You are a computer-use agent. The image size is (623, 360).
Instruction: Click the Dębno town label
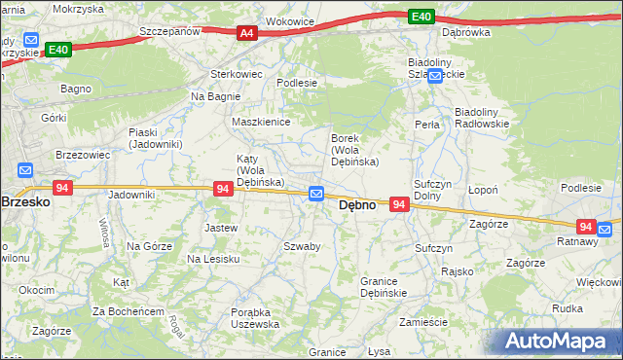tap(357, 206)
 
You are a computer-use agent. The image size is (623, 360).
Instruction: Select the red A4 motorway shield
tap(247, 33)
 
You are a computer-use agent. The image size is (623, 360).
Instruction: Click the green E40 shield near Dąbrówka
tap(421, 17)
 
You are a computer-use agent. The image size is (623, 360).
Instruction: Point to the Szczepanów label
tap(169, 31)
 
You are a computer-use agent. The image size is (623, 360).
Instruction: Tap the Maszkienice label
tap(256, 122)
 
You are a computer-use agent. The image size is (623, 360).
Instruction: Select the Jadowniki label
tap(131, 195)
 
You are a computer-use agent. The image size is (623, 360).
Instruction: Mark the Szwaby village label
tap(302, 246)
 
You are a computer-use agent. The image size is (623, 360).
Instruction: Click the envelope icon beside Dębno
tap(316, 195)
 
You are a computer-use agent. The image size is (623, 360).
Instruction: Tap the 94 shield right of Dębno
tap(399, 204)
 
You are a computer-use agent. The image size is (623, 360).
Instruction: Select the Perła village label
tap(426, 125)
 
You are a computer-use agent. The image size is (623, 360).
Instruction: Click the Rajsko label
tap(457, 271)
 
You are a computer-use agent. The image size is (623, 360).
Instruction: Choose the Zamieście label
tap(422, 322)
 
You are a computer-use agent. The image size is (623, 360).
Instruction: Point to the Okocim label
tap(36, 290)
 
